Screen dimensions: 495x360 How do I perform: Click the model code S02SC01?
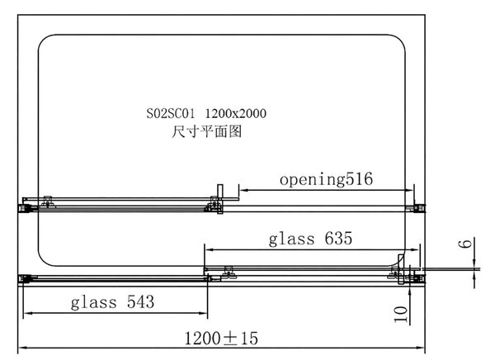coord(171,113)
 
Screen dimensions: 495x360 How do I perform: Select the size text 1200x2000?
coord(236,113)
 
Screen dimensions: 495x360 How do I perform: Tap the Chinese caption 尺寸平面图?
coord(207,131)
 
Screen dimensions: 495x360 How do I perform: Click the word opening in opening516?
coord(313,180)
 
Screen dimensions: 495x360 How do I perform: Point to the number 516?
coord(359,179)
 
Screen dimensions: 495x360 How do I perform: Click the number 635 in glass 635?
coord(338,239)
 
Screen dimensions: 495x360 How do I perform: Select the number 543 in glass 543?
coord(140,301)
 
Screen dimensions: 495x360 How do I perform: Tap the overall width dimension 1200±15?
coord(221,338)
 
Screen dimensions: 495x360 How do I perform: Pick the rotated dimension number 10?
coord(401,314)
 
